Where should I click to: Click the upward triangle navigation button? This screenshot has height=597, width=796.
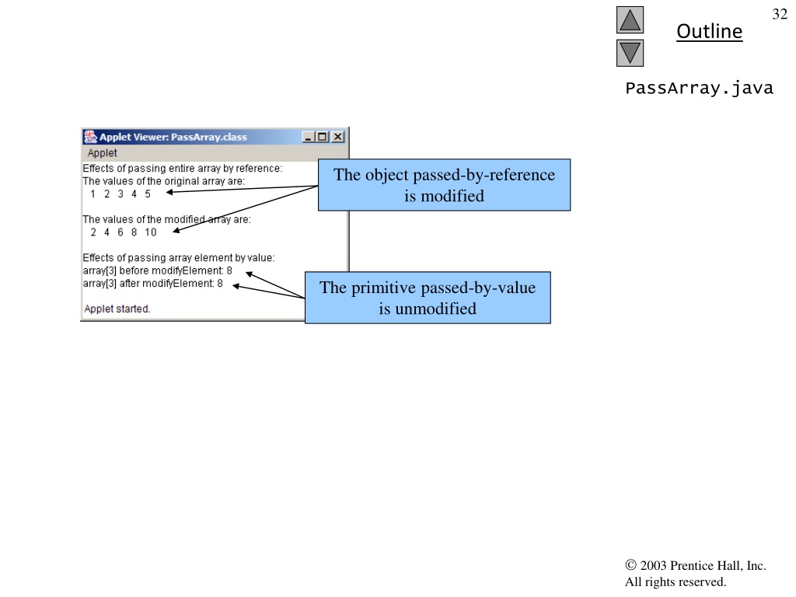point(630,19)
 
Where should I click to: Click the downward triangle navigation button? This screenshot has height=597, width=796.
point(630,53)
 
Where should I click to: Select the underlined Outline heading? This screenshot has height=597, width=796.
point(709,31)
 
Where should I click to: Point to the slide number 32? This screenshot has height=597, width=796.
point(780,14)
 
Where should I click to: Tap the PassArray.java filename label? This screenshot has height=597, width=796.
point(699,88)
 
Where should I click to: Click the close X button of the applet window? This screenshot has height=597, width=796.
point(337,137)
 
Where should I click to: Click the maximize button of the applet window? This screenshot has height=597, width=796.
point(323,137)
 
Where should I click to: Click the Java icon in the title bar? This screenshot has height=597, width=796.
point(90,137)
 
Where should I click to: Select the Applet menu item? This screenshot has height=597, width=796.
point(102,153)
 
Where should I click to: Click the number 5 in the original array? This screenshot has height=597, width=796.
point(148,194)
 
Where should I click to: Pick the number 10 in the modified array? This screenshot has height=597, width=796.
point(150,232)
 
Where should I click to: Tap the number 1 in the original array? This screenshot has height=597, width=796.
point(93,194)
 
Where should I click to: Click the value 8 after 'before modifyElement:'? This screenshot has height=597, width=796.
point(229,271)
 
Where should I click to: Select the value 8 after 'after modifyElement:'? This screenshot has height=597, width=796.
point(220,283)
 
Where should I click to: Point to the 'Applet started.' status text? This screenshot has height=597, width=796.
point(117,309)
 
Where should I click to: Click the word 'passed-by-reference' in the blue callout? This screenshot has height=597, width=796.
point(484,175)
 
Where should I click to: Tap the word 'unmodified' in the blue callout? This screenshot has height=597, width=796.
point(435,309)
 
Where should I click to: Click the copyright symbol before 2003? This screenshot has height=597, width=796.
point(630,565)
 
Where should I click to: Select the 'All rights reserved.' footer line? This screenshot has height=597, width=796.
point(676,581)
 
